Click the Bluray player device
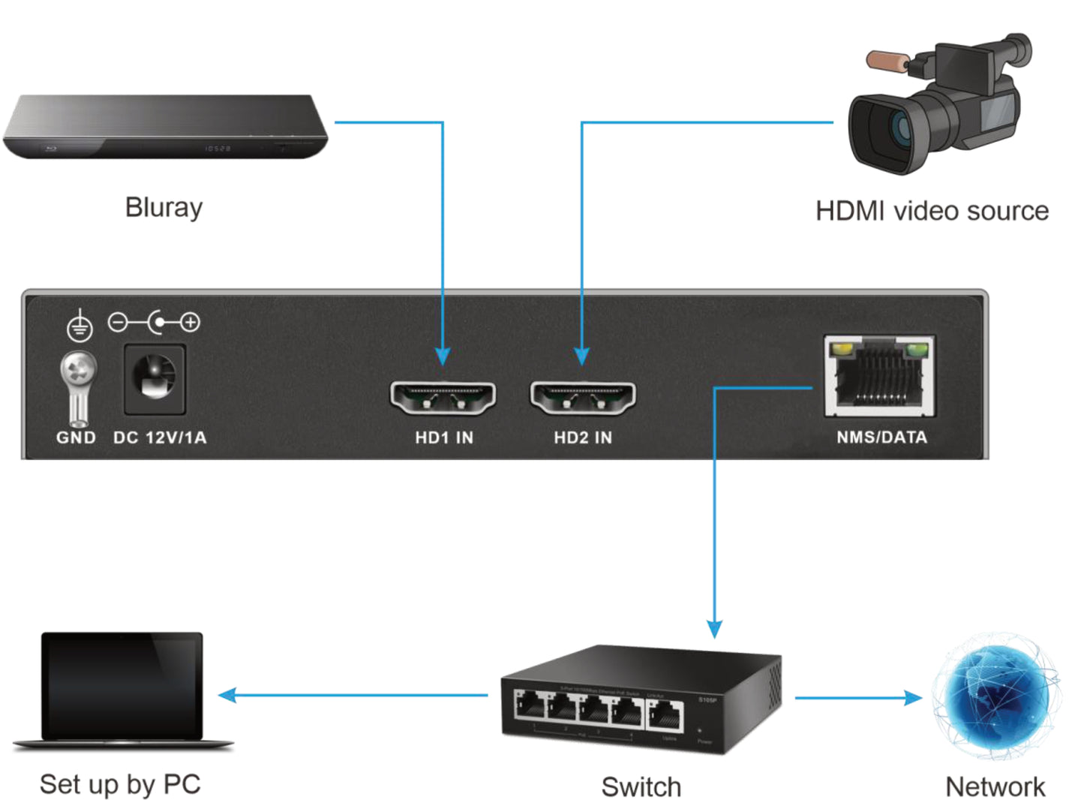pyautogui.click(x=165, y=128)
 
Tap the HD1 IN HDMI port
pyautogui.click(x=443, y=398)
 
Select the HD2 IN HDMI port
pyautogui.click(x=583, y=398)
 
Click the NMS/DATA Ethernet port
pyautogui.click(x=879, y=376)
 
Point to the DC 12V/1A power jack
pyautogui.click(x=155, y=378)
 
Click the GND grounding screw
pyautogui.click(x=78, y=371)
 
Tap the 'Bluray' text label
pyautogui.click(x=164, y=207)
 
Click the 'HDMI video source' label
pyautogui.click(x=932, y=211)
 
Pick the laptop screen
pyautogui.click(x=122, y=685)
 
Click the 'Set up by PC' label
pyautogui.click(x=120, y=784)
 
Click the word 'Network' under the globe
pyautogui.click(x=995, y=787)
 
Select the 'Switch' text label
pyautogui.click(x=641, y=787)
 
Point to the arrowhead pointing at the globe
pyautogui.click(x=913, y=698)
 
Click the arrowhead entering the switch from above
pyautogui.click(x=714, y=628)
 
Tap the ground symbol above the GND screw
pyautogui.click(x=80, y=326)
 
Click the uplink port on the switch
pyautogui.click(x=665, y=715)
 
